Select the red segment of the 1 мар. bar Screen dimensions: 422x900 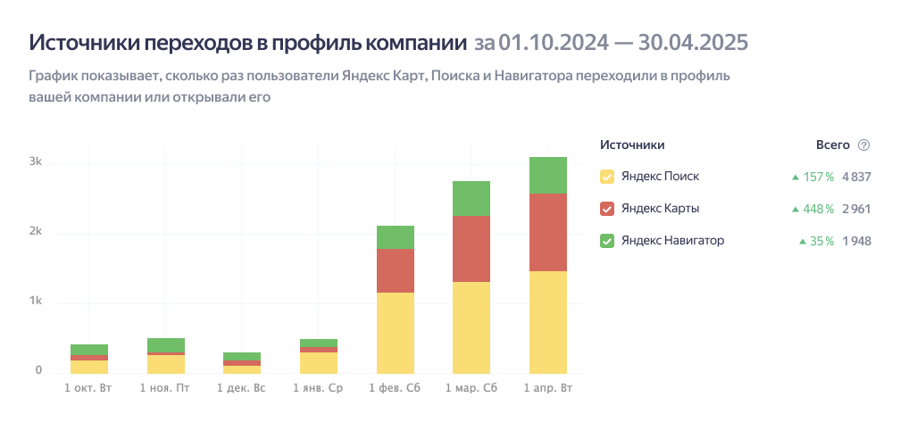pyautogui.click(x=471, y=249)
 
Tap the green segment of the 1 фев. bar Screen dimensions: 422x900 pyautogui.click(x=396, y=237)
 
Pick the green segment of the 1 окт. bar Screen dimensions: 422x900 pyautogui.click(x=89, y=350)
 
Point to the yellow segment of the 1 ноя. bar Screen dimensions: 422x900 pyautogui.click(x=166, y=363)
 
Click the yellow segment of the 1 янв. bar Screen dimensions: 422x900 pyautogui.click(x=319, y=362)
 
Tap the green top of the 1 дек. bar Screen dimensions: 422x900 pyautogui.click(x=242, y=356)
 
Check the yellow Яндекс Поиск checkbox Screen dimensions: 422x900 pyautogui.click(x=607, y=177)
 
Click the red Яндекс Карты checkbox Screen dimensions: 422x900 pyautogui.click(x=607, y=209)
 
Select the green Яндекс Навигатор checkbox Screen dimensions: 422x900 pyautogui.click(x=607, y=241)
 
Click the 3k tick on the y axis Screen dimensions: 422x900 pyautogui.click(x=35, y=162)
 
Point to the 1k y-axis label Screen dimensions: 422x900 pyautogui.click(x=35, y=302)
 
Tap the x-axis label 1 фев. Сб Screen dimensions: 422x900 pyautogui.click(x=396, y=389)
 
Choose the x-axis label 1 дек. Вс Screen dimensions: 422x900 pyautogui.click(x=242, y=389)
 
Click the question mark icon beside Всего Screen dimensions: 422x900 pyautogui.click(x=863, y=145)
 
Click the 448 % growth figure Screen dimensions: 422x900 pyautogui.click(x=817, y=209)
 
